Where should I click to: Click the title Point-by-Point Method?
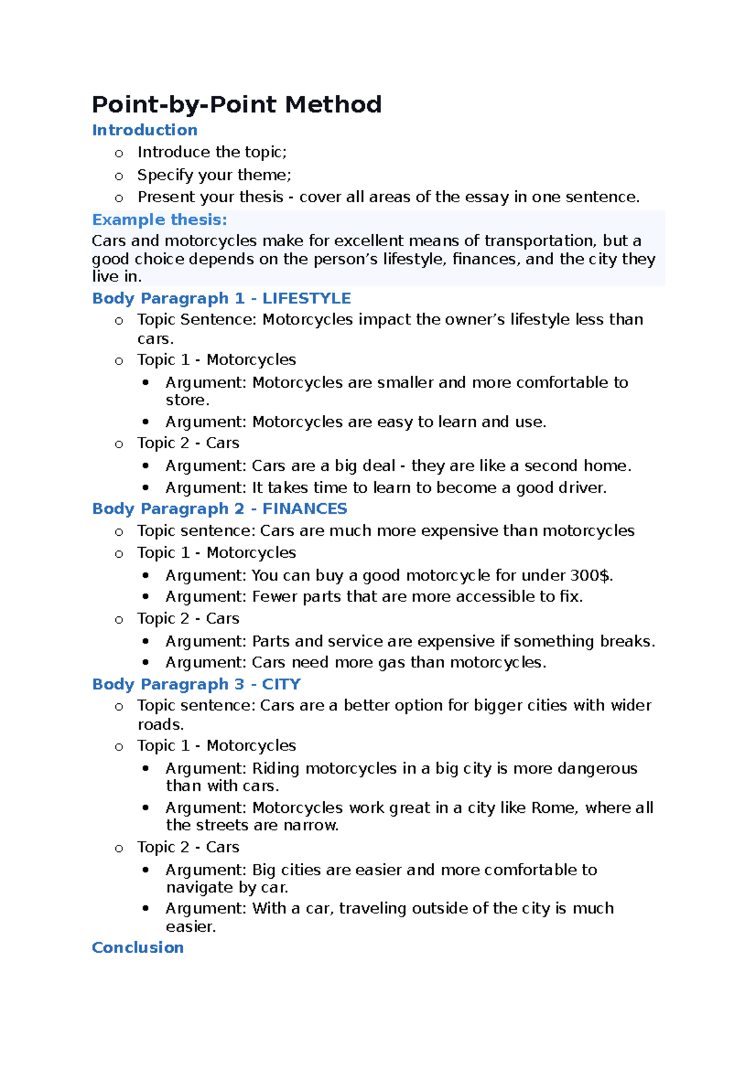click(x=237, y=105)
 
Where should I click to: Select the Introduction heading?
click(x=145, y=130)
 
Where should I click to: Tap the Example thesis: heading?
click(x=159, y=220)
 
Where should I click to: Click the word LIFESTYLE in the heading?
click(x=306, y=298)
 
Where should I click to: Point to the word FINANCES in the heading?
click(x=304, y=509)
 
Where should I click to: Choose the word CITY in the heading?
click(x=281, y=684)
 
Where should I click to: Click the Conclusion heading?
click(x=138, y=947)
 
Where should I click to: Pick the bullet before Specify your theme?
click(x=119, y=176)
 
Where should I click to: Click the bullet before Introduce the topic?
click(x=119, y=154)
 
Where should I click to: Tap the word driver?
click(x=582, y=488)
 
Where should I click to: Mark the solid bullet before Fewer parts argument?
click(x=146, y=596)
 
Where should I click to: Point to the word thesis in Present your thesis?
click(x=260, y=197)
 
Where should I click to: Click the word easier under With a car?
click(x=190, y=927)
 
